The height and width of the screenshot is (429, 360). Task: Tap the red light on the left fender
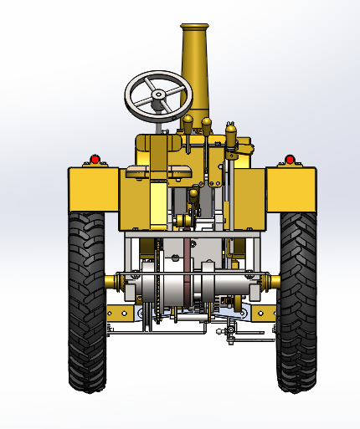[x=95, y=159]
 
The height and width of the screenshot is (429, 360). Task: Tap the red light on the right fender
[x=290, y=159]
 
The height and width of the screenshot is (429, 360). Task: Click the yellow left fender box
[x=93, y=189]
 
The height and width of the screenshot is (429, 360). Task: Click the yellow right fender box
[x=291, y=189]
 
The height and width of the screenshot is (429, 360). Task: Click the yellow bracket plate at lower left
[x=121, y=314]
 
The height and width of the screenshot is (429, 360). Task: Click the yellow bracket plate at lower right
[x=262, y=314]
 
